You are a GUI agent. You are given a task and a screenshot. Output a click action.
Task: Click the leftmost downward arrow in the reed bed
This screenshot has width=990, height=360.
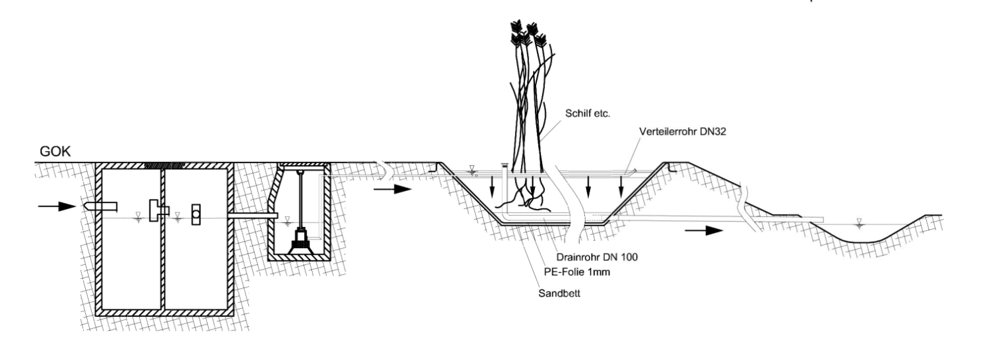(x=492, y=186)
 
